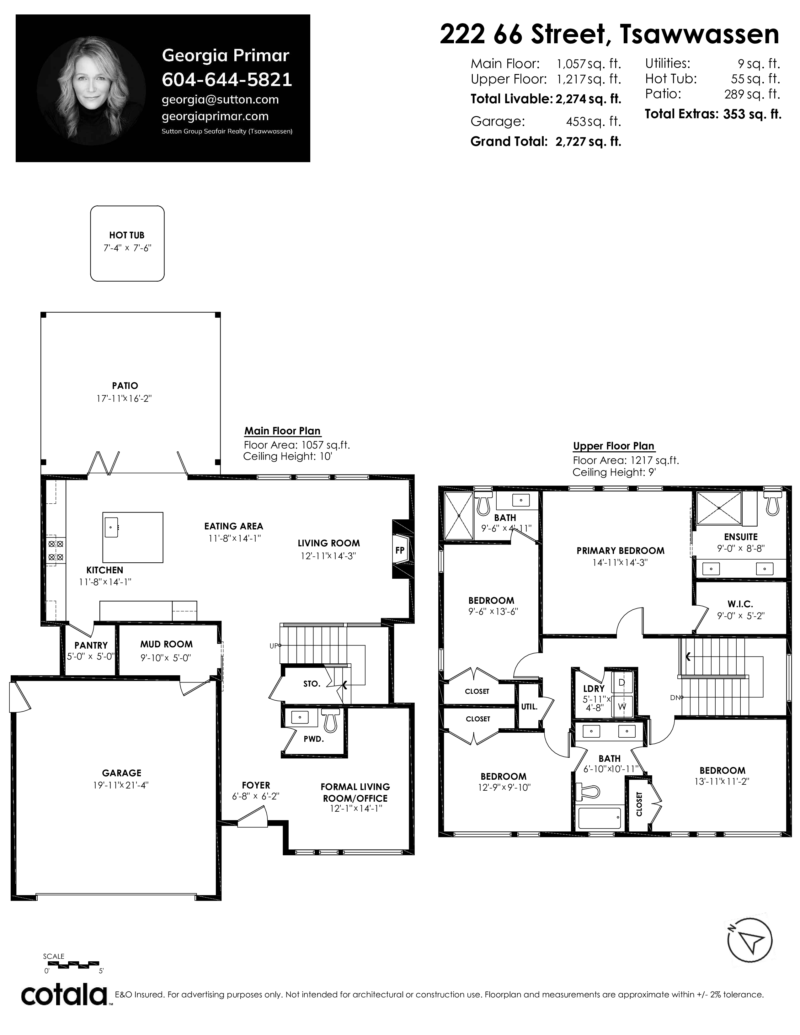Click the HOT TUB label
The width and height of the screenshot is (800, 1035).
pos(126,235)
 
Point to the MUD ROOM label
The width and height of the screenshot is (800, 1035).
pos(166,644)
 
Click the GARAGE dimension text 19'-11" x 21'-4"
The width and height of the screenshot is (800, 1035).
pos(121,785)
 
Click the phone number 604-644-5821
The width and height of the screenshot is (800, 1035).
pos(227,80)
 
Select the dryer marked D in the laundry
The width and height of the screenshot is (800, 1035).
pos(622,683)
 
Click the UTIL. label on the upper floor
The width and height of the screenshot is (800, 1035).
pos(529,707)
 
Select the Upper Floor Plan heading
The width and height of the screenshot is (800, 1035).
pos(614,446)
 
